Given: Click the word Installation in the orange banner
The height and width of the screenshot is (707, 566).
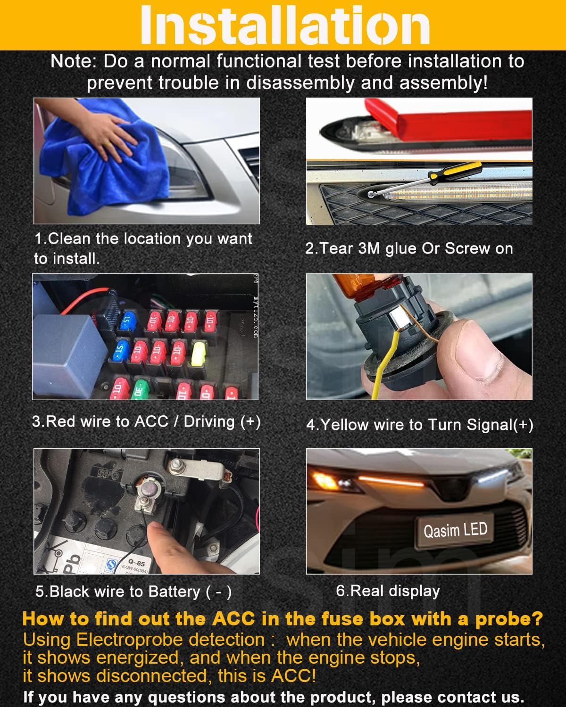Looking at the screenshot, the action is [285, 25].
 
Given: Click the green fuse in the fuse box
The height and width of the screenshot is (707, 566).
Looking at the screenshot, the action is [140, 389].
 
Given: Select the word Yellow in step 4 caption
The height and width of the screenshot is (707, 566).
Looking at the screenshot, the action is [344, 425].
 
